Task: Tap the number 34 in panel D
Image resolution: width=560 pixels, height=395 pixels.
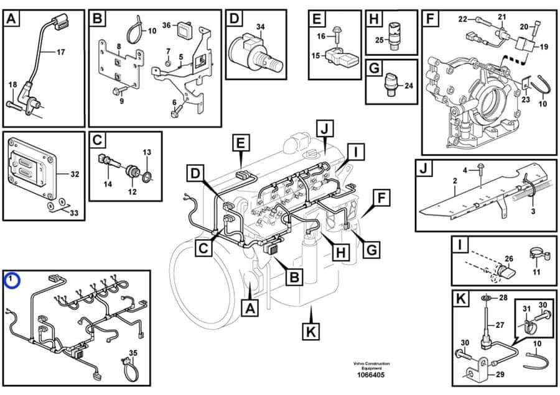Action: coord(260,26)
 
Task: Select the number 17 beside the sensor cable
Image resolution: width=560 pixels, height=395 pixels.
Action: coord(60,52)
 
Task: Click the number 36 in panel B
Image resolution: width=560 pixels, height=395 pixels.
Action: coord(166,25)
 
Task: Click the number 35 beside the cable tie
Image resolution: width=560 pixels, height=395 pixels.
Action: coord(132,353)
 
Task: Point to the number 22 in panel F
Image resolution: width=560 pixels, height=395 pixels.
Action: coord(462,19)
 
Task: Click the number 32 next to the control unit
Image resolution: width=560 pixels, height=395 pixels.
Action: coord(75,174)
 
